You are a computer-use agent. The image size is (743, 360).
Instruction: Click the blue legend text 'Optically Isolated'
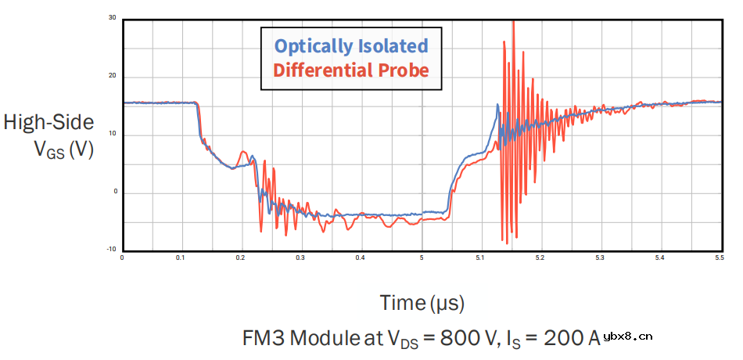point(350,45)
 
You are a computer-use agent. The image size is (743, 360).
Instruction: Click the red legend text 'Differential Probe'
point(350,70)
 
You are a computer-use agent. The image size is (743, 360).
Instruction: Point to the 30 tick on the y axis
point(113,17)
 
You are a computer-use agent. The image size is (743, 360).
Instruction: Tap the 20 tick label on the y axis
point(113,76)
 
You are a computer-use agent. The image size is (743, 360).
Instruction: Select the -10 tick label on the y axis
point(112,250)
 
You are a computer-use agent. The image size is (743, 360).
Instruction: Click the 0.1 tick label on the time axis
point(181,257)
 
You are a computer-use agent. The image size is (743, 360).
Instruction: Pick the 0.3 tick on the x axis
point(300,257)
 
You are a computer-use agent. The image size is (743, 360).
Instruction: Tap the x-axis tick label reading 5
point(422,257)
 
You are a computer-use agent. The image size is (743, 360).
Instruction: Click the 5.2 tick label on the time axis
point(540,257)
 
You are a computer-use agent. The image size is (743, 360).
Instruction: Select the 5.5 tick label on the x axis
point(718,257)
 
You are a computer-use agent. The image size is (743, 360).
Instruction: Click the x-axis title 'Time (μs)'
point(422,302)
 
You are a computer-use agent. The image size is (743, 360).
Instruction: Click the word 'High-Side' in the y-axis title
point(49,122)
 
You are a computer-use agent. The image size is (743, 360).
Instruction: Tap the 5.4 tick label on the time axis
point(659,257)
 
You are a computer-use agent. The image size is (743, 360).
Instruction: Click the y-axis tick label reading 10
point(113,134)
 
